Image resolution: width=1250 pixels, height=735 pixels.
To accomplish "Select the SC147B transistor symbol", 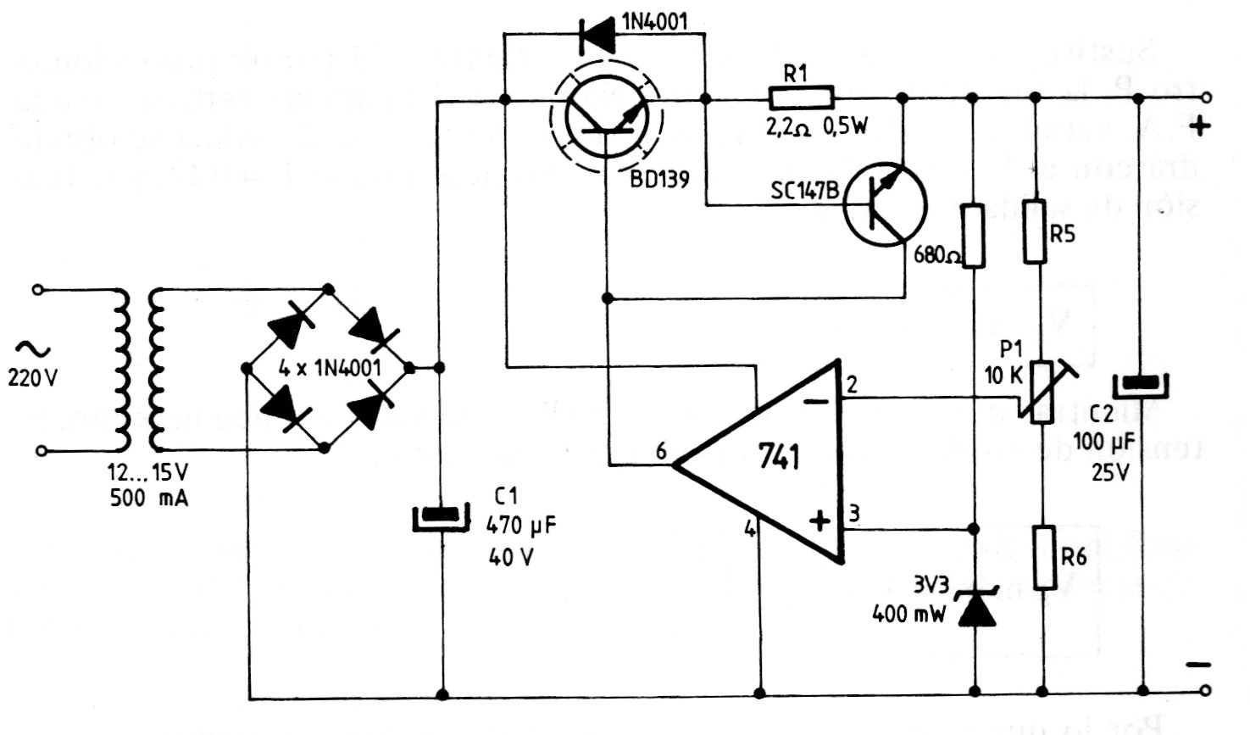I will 885,204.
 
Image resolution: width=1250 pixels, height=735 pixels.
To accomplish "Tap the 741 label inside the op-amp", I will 779,458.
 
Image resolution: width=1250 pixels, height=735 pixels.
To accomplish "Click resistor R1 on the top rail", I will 801,98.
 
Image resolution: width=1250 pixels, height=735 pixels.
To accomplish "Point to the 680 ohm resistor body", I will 973,234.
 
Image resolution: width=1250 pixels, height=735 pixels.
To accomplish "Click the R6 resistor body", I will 1045,557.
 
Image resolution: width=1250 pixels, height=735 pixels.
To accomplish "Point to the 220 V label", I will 33,378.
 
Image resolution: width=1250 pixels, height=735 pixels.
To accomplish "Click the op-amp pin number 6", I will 661,452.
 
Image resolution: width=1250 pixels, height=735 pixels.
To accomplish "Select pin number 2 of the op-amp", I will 852,385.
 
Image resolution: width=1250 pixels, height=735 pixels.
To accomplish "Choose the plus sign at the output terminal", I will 1199,127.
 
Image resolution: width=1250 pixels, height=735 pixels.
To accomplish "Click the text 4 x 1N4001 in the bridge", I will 330,368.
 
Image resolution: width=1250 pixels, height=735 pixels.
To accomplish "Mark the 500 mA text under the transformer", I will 149,498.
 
